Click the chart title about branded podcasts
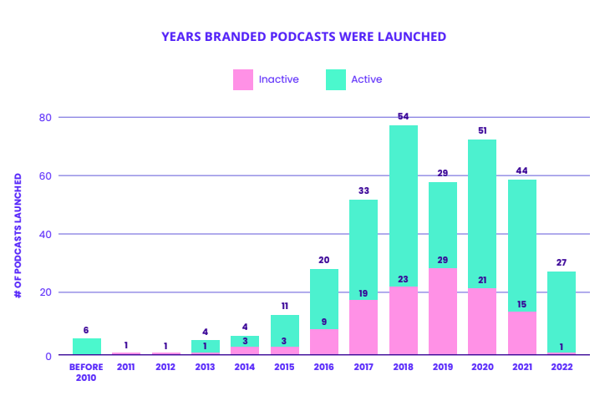click(x=303, y=37)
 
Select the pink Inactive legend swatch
click(x=242, y=79)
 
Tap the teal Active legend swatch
click(x=335, y=79)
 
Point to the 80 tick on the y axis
click(x=45, y=117)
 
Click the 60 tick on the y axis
click(x=45, y=175)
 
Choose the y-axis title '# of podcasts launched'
click(x=18, y=236)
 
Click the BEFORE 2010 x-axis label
click(x=86, y=372)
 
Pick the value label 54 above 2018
click(x=403, y=116)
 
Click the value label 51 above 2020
click(x=482, y=130)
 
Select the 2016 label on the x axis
click(x=323, y=367)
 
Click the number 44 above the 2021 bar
click(x=522, y=170)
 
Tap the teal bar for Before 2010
click(x=86, y=346)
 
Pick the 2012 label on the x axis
click(x=165, y=367)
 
